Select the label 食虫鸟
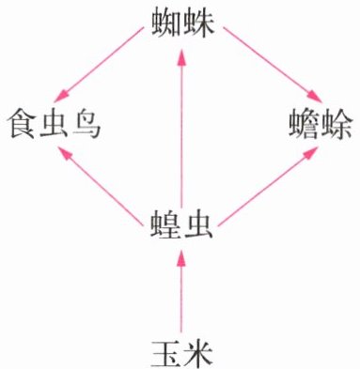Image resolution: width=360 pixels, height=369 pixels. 54,125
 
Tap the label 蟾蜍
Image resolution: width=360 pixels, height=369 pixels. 321,125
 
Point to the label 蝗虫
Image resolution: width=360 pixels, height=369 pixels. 181,224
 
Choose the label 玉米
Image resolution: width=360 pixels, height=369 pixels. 182,353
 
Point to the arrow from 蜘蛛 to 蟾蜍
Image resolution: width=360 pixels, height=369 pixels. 273,65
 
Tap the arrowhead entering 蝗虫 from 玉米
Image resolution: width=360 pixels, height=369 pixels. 181,257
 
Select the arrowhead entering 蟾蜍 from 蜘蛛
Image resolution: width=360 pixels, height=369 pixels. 314,97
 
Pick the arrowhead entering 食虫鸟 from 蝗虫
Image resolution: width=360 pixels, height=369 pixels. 66,153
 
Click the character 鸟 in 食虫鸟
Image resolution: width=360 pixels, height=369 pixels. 86,125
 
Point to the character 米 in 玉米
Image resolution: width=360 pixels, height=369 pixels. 198,353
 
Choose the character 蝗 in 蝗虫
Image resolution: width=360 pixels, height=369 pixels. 164,224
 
